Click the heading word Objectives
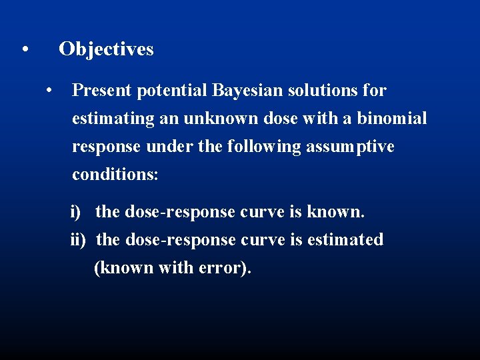tap(106, 49)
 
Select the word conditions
tap(114, 175)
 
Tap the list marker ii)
tap(78, 239)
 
